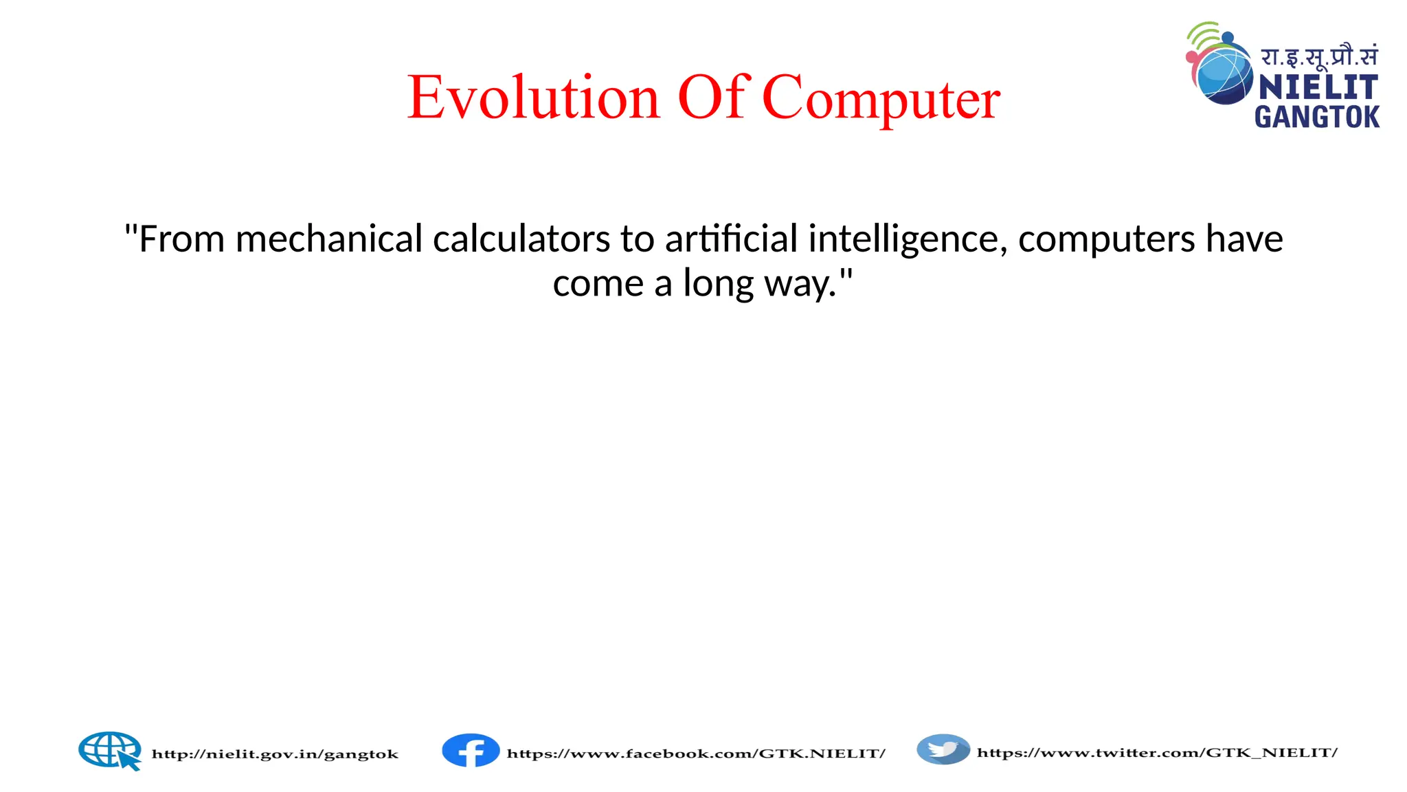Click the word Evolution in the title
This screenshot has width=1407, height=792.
[x=533, y=98]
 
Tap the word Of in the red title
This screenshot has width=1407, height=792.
[x=712, y=97]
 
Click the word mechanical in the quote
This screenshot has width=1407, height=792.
[x=328, y=240]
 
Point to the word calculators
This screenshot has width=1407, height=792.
[x=521, y=240]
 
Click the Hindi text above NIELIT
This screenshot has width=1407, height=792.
[x=1318, y=56]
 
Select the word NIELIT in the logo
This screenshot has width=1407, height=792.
[x=1318, y=87]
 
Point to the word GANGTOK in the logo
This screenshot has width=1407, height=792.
[x=1316, y=117]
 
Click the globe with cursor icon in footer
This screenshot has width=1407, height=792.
[x=110, y=750]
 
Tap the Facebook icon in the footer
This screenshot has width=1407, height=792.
[x=471, y=750]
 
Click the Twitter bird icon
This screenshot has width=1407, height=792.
[x=943, y=749]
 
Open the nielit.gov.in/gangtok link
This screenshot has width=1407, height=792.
[x=275, y=754]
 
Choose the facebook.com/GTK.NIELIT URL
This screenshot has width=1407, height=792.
[x=695, y=753]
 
